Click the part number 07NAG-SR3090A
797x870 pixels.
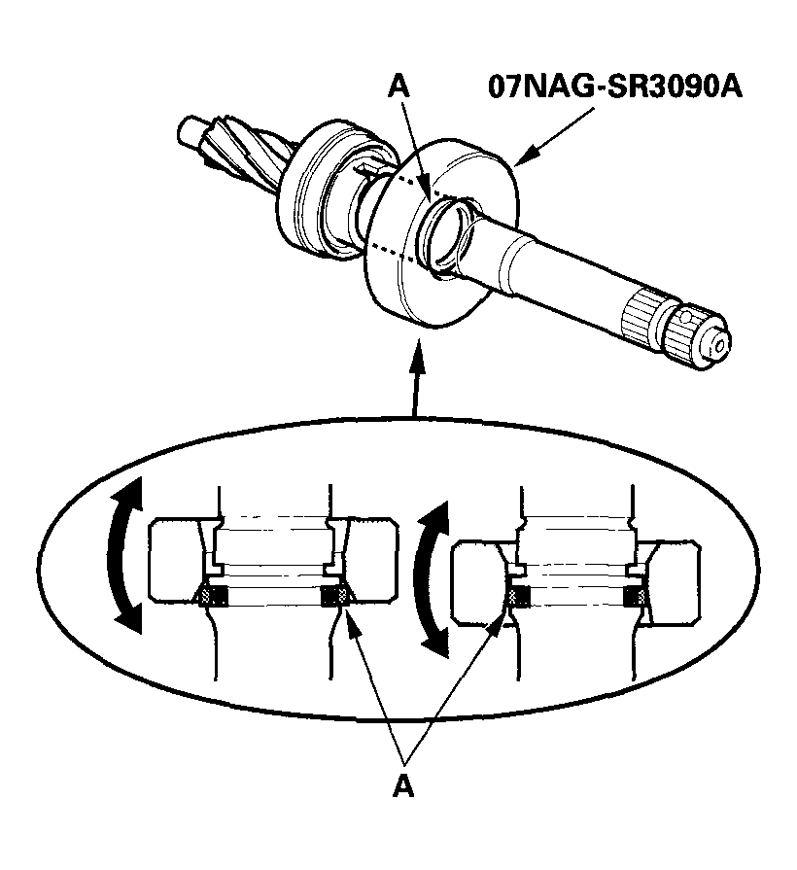[614, 88]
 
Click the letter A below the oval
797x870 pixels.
[403, 786]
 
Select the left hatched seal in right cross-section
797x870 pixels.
[516, 596]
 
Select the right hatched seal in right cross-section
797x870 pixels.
[638, 596]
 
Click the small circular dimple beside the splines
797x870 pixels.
[687, 318]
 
